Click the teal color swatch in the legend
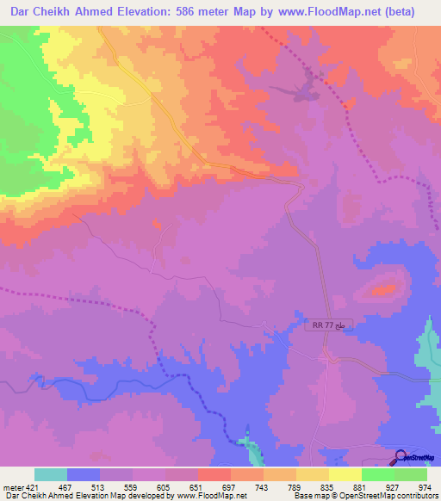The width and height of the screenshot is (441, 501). pos(51,475)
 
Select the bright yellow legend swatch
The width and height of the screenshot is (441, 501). pos(345,475)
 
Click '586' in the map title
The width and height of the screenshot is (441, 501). pos(206,12)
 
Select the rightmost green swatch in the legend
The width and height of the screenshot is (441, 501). pos(410,475)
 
